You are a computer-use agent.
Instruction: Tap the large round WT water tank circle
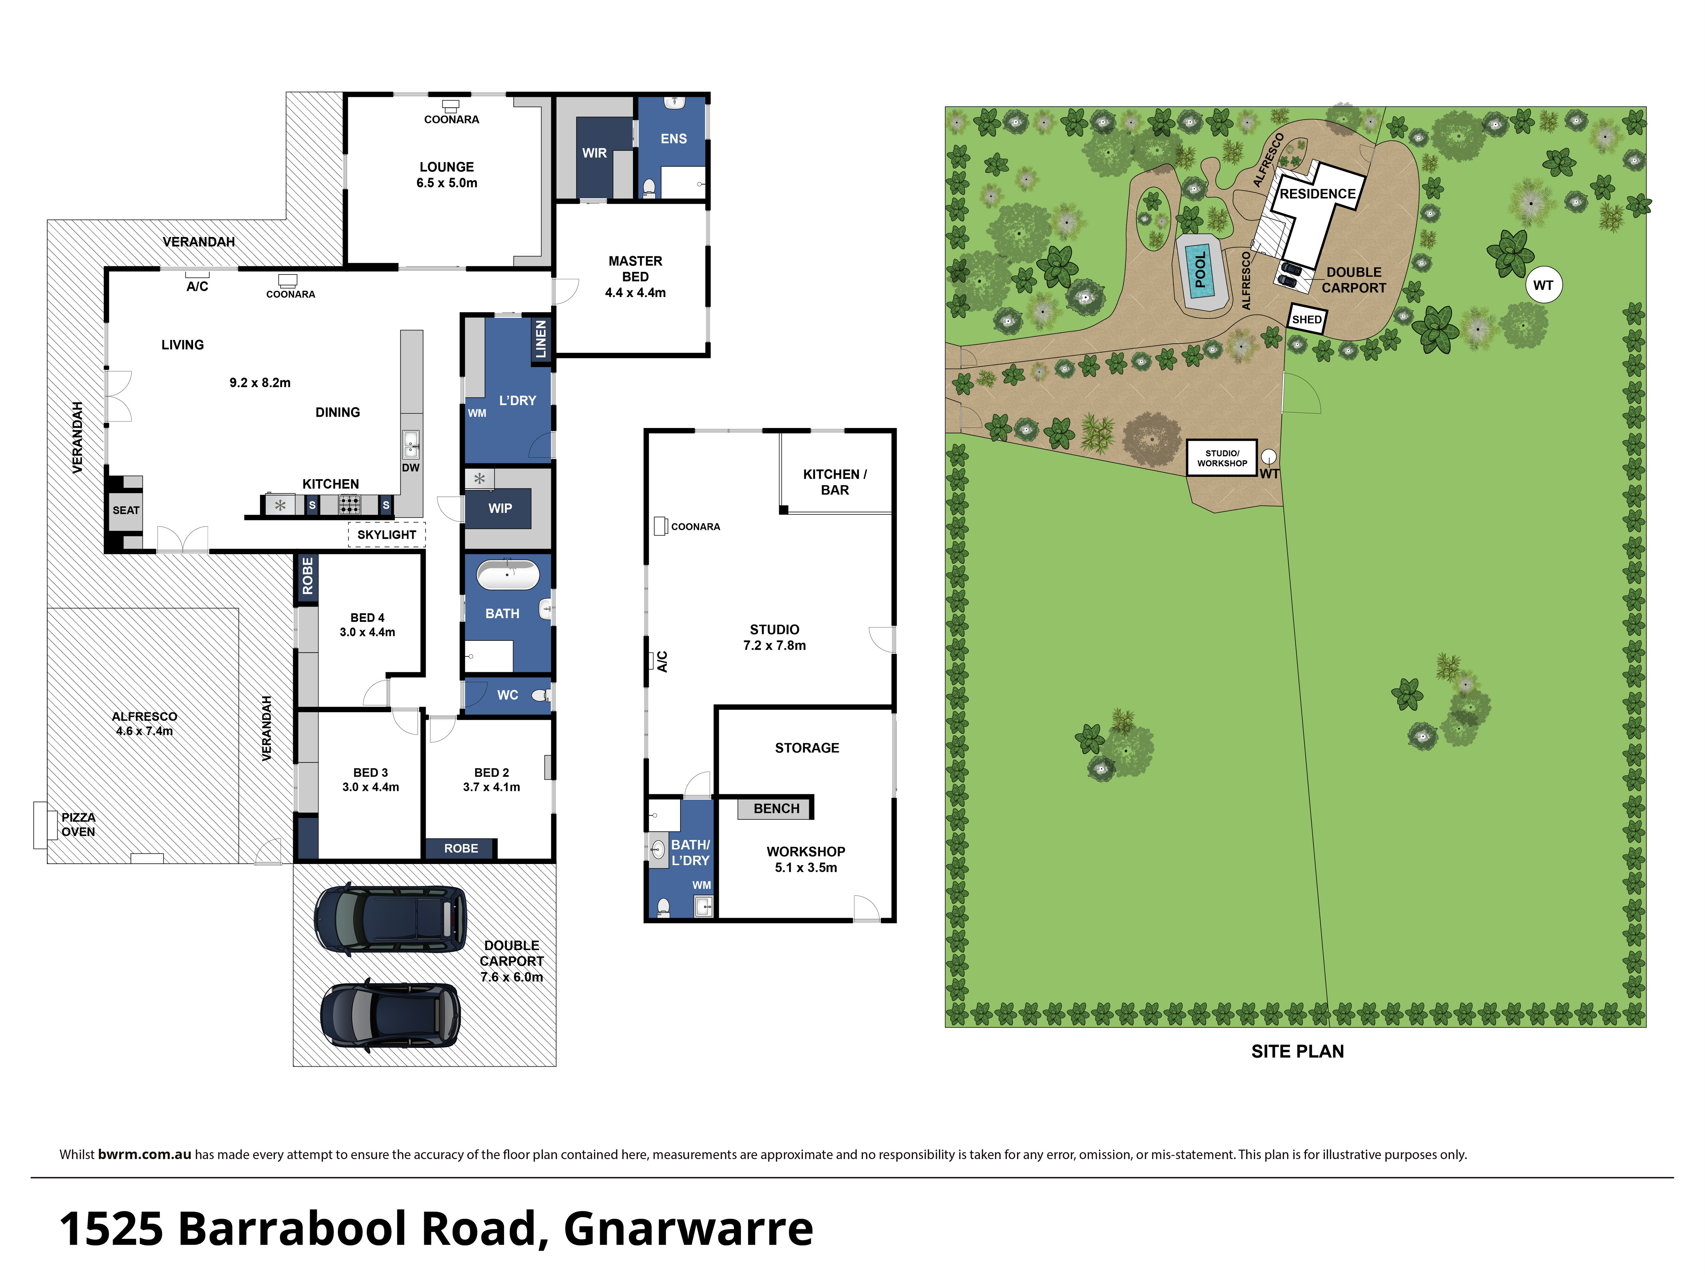pyautogui.click(x=1543, y=285)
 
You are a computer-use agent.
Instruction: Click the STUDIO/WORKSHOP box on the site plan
pyautogui.click(x=1222, y=458)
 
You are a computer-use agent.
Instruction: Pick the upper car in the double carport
pyautogui.click(x=390, y=920)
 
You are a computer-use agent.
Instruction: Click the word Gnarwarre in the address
pyautogui.click(x=688, y=1229)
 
